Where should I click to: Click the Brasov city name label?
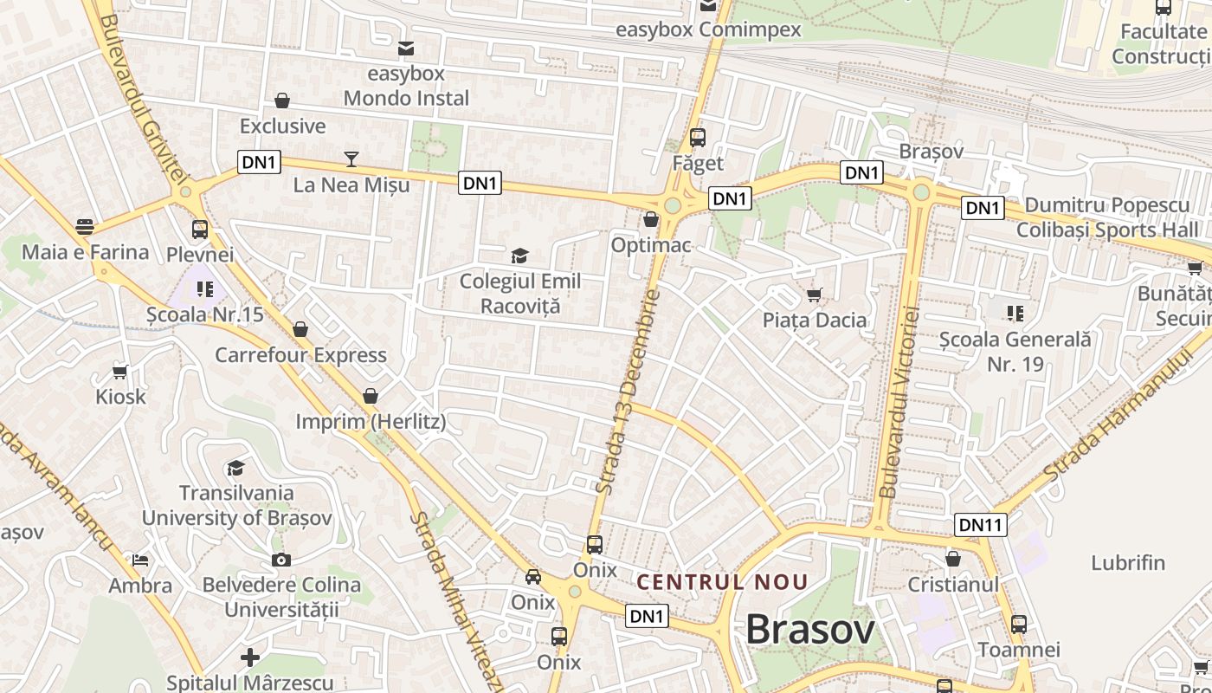810,630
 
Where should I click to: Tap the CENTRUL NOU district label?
722,583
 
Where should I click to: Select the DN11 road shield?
981,524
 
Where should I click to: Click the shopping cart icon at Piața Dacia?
814,295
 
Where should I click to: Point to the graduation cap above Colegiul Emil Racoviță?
519,256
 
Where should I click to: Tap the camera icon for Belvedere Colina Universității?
280,560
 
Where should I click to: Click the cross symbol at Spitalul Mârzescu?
250,657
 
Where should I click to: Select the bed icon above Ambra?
139,560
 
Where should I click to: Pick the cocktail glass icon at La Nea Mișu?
351,159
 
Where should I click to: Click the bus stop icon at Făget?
698,138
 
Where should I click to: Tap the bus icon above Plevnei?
200,230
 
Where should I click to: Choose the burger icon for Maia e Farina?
85,227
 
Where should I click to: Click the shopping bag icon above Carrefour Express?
300,329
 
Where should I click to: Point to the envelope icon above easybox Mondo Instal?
405,49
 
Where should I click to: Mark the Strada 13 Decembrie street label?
629,392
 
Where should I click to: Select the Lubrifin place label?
1128,562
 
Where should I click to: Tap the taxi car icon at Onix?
533,577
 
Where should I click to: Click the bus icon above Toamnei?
1018,624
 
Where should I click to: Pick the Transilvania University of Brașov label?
236,505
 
